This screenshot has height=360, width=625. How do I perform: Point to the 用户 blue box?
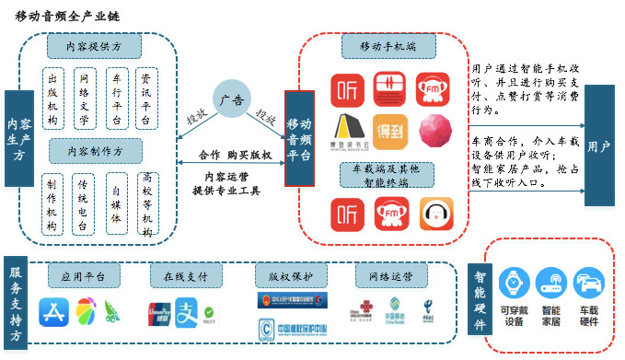598,145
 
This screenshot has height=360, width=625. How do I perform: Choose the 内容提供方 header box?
94,45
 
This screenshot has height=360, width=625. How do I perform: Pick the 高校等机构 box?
146,202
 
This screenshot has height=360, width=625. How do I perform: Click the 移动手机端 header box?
384,44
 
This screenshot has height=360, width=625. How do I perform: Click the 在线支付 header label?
180,276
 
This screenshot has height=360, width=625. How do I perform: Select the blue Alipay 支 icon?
188,311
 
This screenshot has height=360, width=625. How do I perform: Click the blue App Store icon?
53,312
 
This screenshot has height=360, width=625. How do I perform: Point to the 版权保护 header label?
285,276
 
